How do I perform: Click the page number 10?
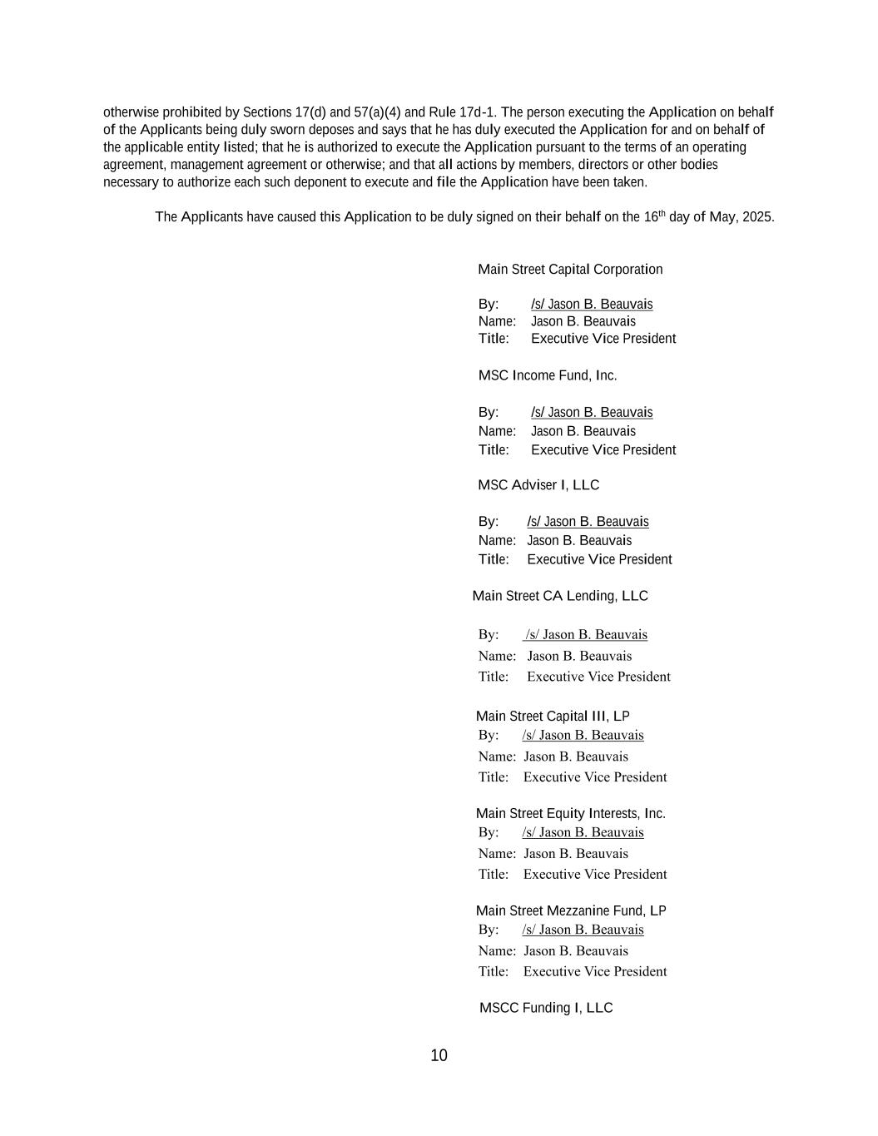coord(439,1055)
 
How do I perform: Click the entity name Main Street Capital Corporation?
coord(570,270)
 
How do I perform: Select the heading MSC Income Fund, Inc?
coord(548,375)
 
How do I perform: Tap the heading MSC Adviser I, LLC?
coord(538,485)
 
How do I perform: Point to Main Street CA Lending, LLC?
coord(560,596)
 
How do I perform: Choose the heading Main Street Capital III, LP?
coord(553,716)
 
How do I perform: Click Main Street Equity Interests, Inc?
coord(571,813)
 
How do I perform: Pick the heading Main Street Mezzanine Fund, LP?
coord(571,910)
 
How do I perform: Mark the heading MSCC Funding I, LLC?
coord(546,1008)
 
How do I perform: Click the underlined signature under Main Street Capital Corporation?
coord(592,305)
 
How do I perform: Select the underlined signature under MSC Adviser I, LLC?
coord(588,522)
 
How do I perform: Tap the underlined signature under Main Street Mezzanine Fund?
coord(583,930)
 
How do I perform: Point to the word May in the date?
coord(722,217)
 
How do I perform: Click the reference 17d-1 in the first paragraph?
coord(478,112)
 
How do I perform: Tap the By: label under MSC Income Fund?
coord(489,413)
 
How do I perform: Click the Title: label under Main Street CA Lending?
coord(494,677)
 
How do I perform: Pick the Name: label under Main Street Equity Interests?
coord(497,853)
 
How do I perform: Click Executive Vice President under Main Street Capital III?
coord(595,777)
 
